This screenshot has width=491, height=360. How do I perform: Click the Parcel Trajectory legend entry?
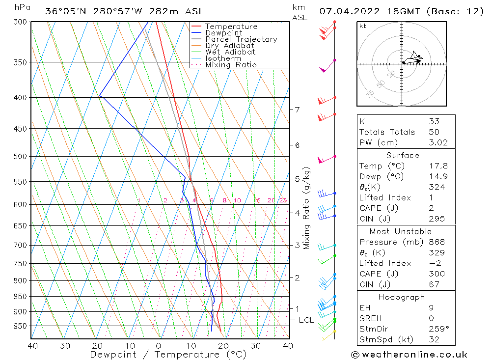241,39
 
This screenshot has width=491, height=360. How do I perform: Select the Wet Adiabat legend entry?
230,52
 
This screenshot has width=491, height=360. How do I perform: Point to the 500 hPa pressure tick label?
20,157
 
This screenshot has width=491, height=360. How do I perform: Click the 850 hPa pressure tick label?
20,297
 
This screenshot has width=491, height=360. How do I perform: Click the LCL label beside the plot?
306,320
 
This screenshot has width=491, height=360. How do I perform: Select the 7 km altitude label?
297,110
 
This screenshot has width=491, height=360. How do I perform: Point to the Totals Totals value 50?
434,132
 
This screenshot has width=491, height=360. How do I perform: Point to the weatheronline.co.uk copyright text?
409,355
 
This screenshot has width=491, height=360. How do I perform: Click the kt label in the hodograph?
362,26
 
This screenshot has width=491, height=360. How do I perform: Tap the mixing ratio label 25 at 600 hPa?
283,200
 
